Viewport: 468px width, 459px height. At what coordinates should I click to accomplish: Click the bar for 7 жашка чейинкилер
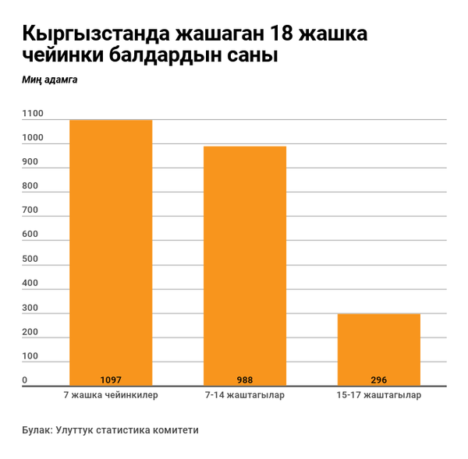pyautogui.click(x=111, y=249)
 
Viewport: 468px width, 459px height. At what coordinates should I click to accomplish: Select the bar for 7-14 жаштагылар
pyautogui.click(x=245, y=265)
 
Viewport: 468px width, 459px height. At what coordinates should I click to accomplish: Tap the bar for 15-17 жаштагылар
pyautogui.click(x=379, y=347)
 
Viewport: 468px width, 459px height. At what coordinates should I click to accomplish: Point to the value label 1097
pyautogui.click(x=111, y=380)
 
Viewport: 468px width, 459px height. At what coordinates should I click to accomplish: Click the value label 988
pyautogui.click(x=245, y=380)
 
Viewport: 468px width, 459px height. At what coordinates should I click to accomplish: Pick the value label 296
pyautogui.click(x=379, y=380)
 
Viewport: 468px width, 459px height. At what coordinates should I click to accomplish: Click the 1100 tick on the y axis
pyautogui.click(x=33, y=114)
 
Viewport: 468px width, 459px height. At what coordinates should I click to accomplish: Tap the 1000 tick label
pyautogui.click(x=33, y=138)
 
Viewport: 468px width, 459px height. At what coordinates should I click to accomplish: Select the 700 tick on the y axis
pyautogui.click(x=30, y=210)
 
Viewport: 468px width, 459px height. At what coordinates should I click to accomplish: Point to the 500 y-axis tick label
pyautogui.click(x=30, y=259)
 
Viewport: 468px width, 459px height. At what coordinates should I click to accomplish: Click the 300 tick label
pyautogui.click(x=30, y=308)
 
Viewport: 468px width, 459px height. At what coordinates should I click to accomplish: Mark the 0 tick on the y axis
pyautogui.click(x=25, y=380)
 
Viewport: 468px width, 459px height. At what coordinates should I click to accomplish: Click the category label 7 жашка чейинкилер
pyautogui.click(x=111, y=395)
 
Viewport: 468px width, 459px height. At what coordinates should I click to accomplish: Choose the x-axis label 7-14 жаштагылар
pyautogui.click(x=245, y=395)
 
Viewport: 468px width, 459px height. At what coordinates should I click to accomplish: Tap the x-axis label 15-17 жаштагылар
pyautogui.click(x=379, y=395)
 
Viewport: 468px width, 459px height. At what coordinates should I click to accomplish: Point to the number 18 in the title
pyautogui.click(x=283, y=35)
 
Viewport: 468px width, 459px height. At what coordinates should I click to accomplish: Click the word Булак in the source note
pyautogui.click(x=36, y=429)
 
